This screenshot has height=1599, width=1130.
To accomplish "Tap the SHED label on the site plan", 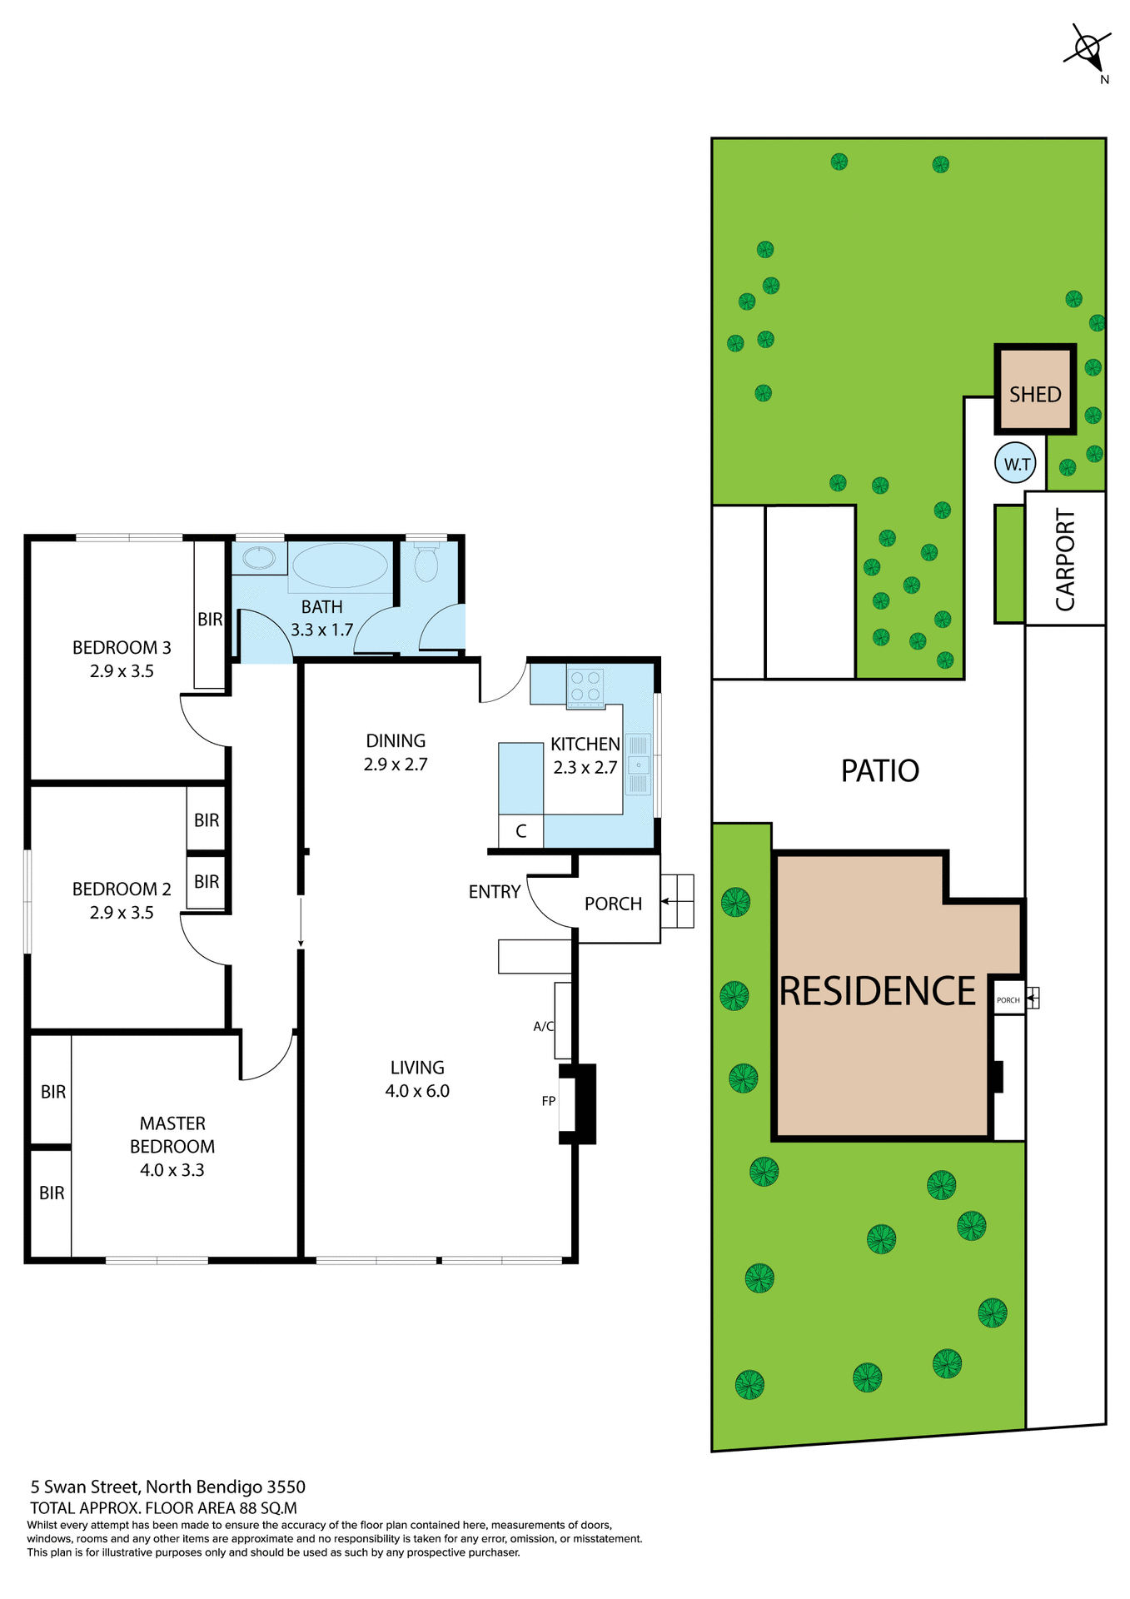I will (1035, 394).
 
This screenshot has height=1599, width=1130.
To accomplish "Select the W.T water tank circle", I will (1016, 464).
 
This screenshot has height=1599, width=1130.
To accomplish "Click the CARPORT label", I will (1065, 560).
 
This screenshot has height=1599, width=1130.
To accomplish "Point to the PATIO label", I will (879, 770).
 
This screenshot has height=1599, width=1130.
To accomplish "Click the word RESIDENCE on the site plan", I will (877, 991).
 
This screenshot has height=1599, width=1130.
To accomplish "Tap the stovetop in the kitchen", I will (585, 687).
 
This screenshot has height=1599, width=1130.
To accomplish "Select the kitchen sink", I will (638, 765).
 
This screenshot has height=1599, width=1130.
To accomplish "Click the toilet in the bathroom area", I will (426, 562).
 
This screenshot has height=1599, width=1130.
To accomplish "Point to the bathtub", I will (341, 565).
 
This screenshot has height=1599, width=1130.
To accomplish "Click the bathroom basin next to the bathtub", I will (259, 557).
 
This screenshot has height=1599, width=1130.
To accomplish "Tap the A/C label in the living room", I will (543, 1026).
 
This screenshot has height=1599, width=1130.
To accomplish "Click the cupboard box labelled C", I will (520, 831).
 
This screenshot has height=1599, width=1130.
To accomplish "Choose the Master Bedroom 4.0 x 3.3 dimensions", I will (172, 1170).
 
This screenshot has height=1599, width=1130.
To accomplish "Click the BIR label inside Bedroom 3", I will (210, 619).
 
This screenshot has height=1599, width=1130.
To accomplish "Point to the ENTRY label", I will (495, 892).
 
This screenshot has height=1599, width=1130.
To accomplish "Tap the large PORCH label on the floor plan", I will (613, 904).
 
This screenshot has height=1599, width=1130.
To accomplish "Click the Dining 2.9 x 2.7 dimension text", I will (396, 765).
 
